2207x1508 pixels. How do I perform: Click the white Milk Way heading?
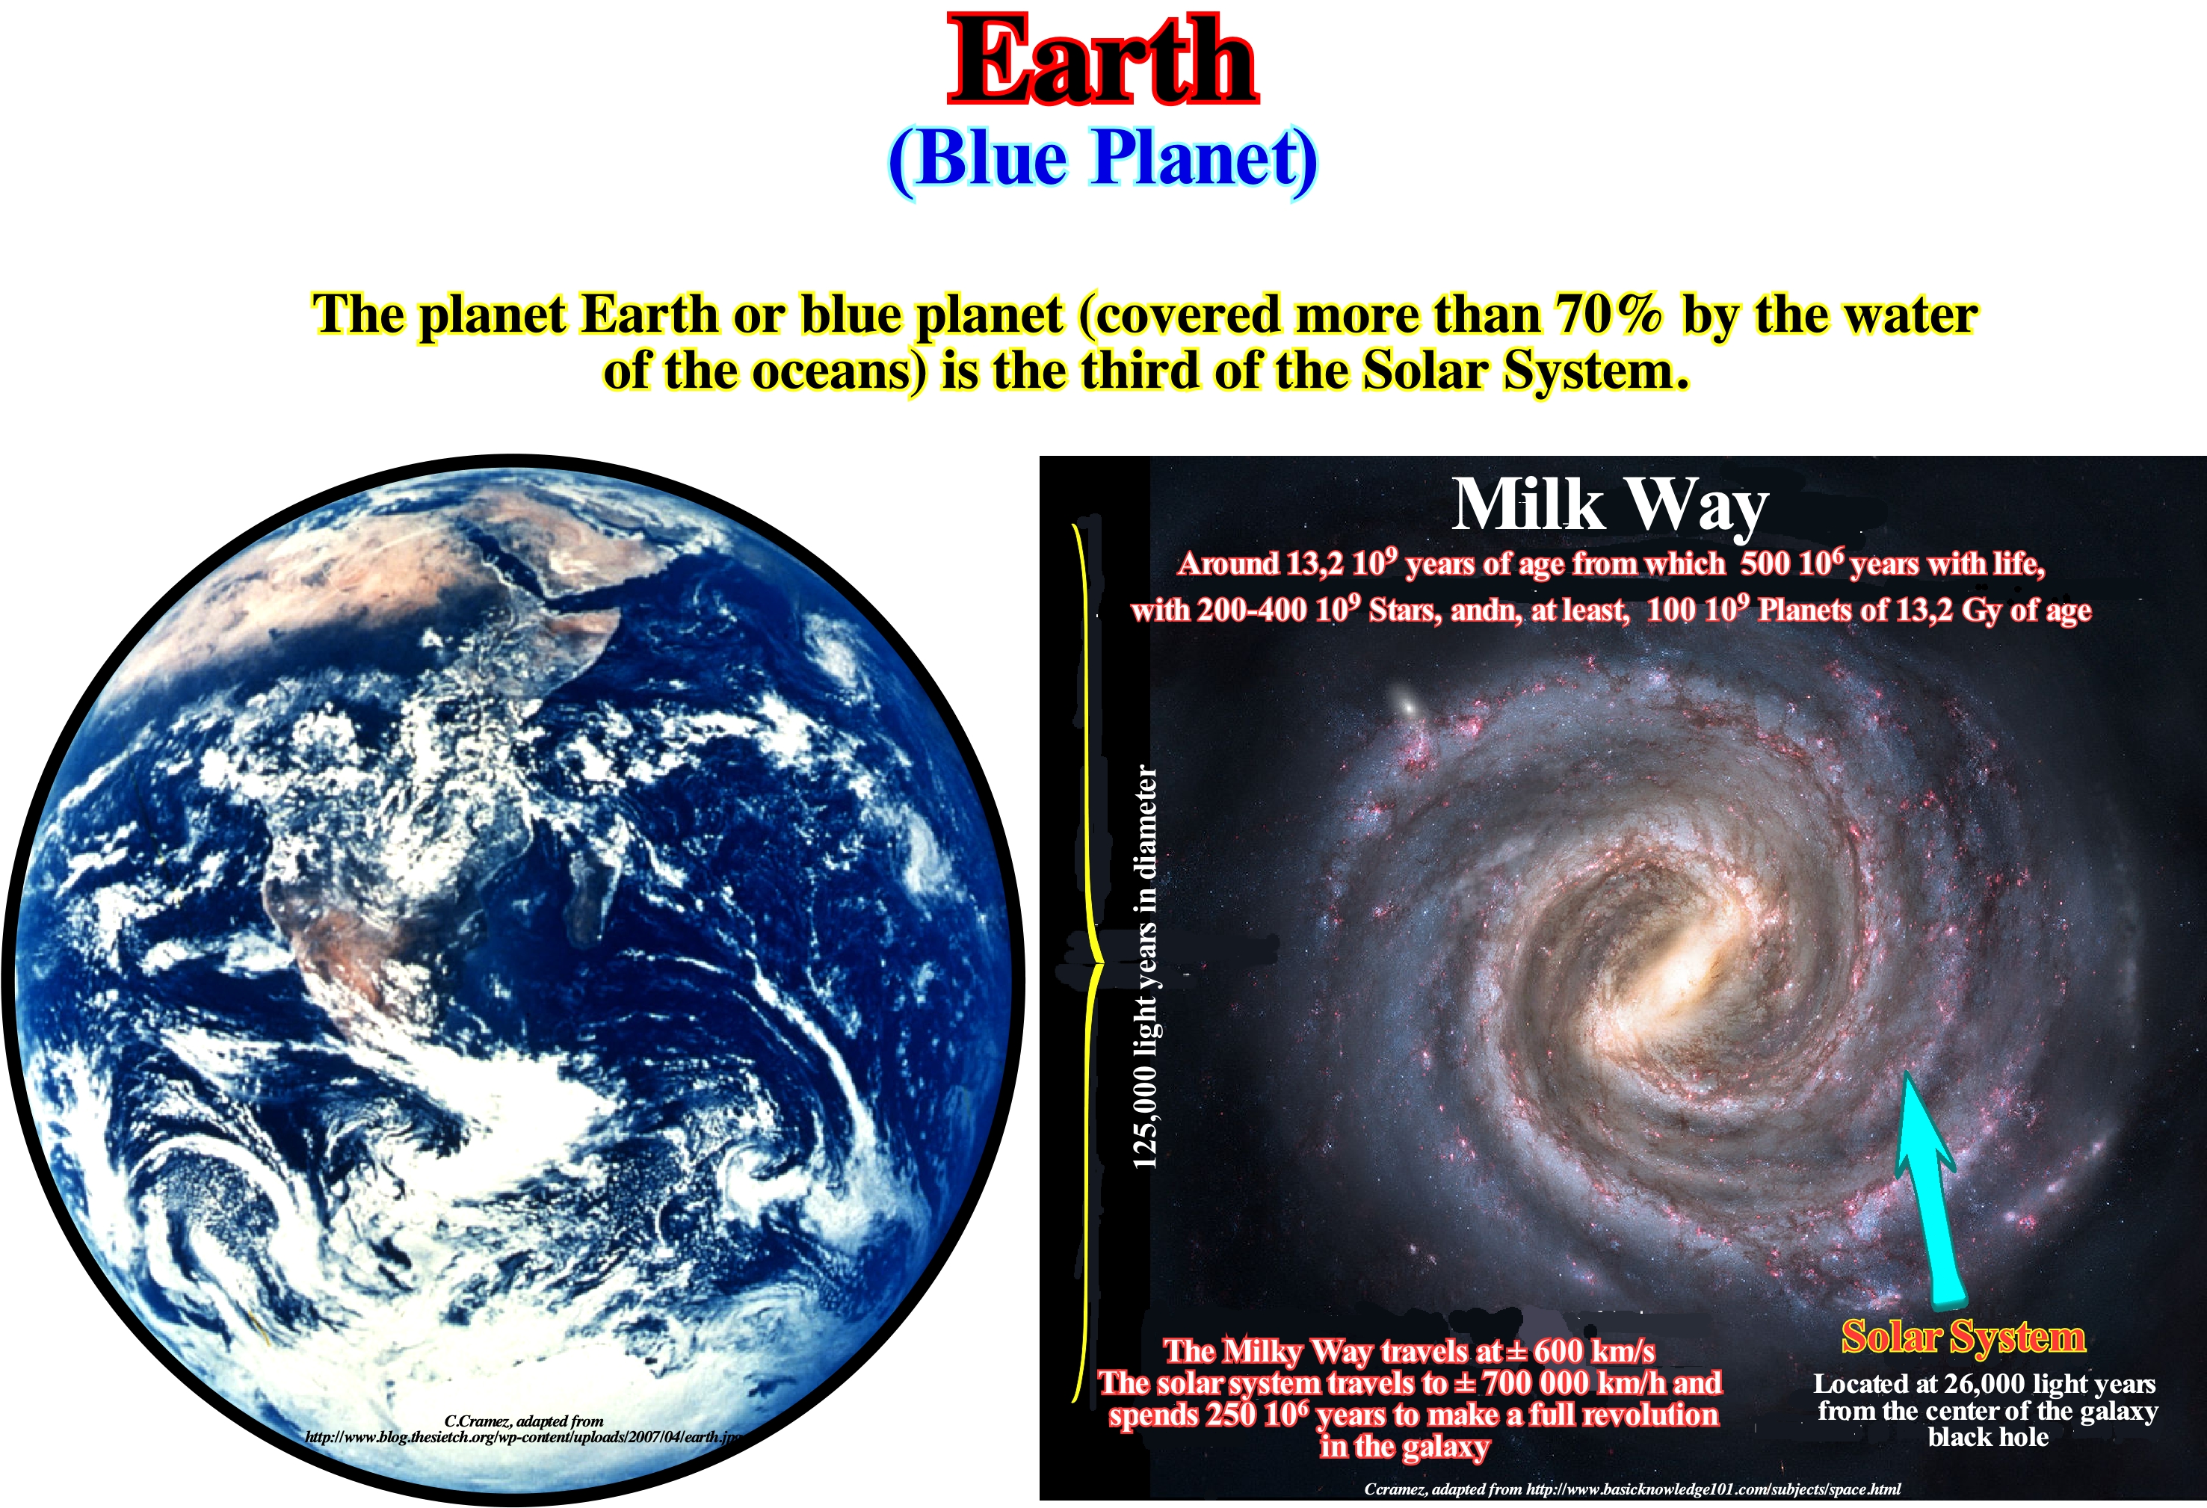click(x=1610, y=504)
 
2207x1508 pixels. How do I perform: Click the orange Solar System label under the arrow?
click(x=1962, y=1336)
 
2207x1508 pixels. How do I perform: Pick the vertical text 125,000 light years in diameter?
click(x=1145, y=967)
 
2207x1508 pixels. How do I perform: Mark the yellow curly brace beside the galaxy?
click(x=1087, y=964)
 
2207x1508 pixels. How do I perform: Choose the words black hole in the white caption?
click(x=1987, y=1437)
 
